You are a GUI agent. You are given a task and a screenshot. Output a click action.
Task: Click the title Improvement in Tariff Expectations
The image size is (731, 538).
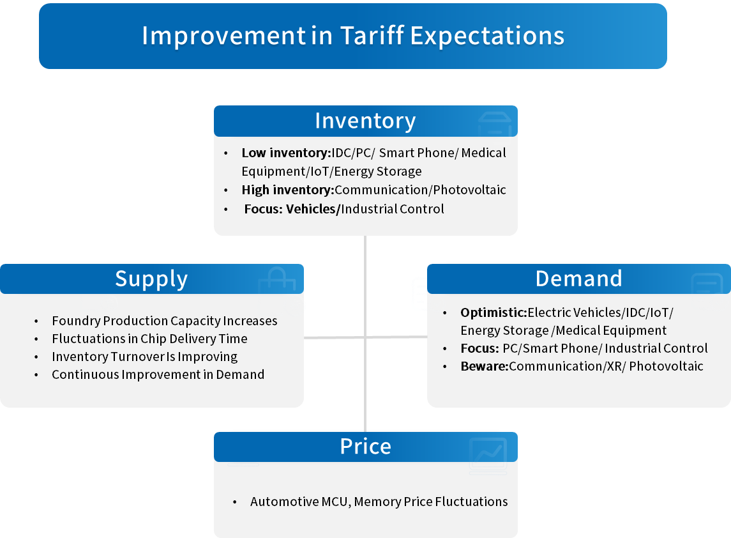pos(353,36)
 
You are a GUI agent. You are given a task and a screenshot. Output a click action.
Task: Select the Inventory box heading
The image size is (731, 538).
pos(365,121)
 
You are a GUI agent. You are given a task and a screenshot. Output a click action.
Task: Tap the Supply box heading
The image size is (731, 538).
pos(151,279)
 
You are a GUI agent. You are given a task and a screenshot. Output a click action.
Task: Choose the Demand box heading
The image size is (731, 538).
pos(578,279)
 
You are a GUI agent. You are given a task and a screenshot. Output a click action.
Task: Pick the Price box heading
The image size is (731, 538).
pos(365,447)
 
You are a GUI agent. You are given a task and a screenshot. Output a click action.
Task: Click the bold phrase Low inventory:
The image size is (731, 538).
pos(286,153)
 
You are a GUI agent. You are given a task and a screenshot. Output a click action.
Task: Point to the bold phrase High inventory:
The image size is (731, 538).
pos(288,190)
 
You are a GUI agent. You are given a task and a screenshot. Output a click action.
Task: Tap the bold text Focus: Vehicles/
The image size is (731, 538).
pos(292,209)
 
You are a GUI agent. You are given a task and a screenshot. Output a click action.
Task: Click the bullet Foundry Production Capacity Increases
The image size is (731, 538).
pos(165,321)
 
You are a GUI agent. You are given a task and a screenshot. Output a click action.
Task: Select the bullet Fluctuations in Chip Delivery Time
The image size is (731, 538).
pos(149,339)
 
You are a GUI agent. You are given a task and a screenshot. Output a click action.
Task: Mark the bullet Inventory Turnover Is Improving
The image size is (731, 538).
pos(144,357)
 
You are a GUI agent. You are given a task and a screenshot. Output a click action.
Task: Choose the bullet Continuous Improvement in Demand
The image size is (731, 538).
pos(158,374)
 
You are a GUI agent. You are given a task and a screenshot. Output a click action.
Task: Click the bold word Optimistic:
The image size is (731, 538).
pos(494,312)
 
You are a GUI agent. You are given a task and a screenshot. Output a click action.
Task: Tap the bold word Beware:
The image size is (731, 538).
pos(485,366)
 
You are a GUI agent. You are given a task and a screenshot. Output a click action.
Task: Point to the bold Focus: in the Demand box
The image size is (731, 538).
pos(479,349)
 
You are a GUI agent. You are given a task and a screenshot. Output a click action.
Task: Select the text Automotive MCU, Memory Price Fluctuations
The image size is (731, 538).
pos(379,502)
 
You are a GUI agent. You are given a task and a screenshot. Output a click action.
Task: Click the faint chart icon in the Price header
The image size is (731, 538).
pos(488,454)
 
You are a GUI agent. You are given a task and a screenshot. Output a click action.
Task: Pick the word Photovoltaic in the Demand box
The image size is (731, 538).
pos(666,366)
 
